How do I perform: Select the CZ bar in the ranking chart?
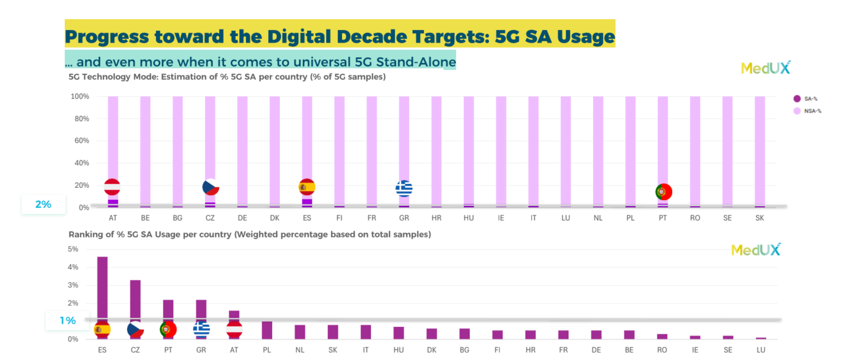click(x=135, y=299)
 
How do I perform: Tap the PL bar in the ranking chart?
click(x=267, y=330)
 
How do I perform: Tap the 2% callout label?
click(x=43, y=205)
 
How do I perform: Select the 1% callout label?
click(x=68, y=321)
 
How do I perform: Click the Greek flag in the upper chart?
click(x=404, y=188)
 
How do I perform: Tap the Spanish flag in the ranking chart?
click(x=102, y=329)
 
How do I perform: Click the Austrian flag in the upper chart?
click(x=112, y=187)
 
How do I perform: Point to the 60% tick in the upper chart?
click(x=82, y=141)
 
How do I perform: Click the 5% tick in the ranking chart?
click(x=73, y=249)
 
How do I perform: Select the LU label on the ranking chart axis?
click(x=761, y=350)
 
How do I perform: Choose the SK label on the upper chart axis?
click(x=759, y=218)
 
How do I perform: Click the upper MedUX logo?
click(x=766, y=68)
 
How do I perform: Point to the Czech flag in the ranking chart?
click(x=135, y=329)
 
